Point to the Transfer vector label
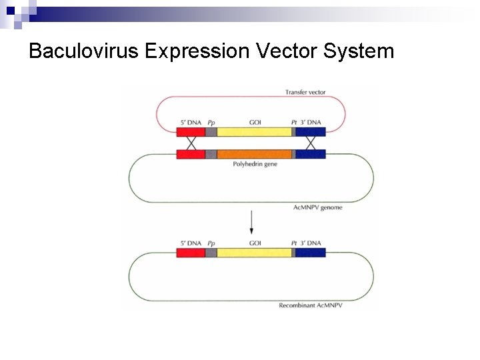point(305,92)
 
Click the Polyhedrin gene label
point(255,164)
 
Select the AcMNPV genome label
point(318,207)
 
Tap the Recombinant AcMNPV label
point(310,306)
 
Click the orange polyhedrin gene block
point(254,154)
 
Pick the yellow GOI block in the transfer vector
point(254,132)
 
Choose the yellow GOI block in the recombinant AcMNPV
point(254,253)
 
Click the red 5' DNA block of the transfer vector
point(191,132)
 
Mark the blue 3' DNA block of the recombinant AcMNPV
point(311,253)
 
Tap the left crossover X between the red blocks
point(191,143)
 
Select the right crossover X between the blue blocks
point(311,143)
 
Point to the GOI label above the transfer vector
point(255,123)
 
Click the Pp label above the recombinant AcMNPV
point(211,243)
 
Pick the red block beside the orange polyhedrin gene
point(191,154)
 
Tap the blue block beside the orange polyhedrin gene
point(311,154)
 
